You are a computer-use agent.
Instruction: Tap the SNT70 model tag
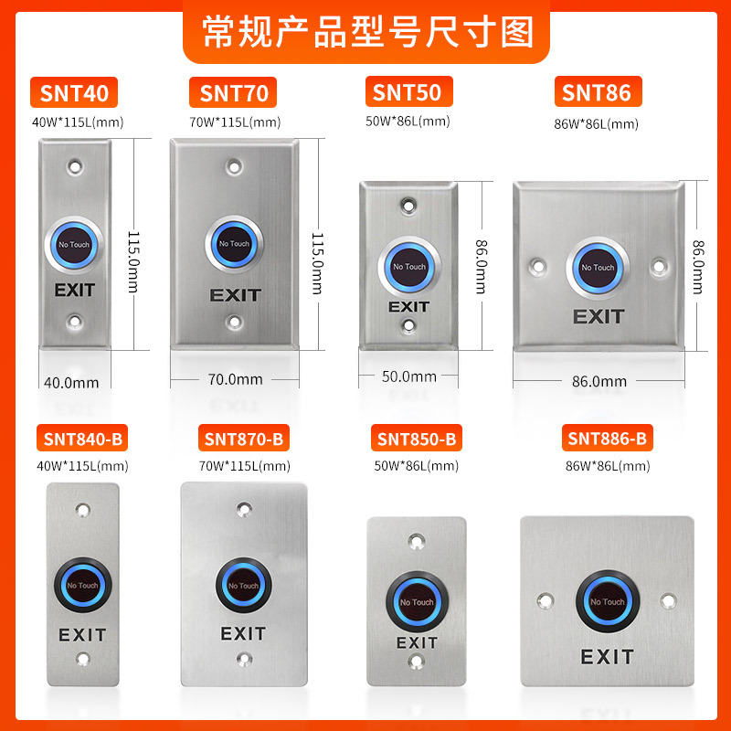click(x=234, y=93)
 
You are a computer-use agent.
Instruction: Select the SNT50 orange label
click(x=407, y=92)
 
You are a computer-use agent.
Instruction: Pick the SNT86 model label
click(x=597, y=92)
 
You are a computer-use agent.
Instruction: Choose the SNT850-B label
click(x=417, y=440)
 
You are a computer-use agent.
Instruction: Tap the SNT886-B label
click(x=607, y=440)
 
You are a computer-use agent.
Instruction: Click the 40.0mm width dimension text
click(x=71, y=383)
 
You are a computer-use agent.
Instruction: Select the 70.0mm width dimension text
click(x=235, y=379)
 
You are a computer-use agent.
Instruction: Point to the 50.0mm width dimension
click(x=408, y=376)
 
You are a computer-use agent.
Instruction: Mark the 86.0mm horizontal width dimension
click(x=599, y=382)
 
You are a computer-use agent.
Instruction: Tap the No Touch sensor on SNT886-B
click(x=607, y=602)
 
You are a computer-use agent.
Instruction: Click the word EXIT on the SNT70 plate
click(x=235, y=295)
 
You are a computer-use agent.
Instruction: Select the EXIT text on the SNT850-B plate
click(x=416, y=643)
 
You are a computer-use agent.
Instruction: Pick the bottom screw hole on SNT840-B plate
click(x=82, y=659)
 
